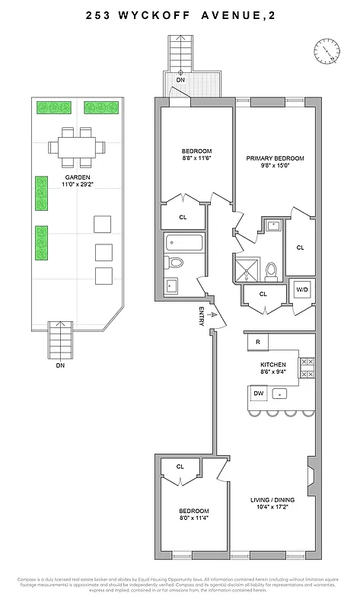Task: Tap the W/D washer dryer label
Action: pyautogui.click(x=302, y=290)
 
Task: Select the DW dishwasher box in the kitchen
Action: pyautogui.click(x=259, y=393)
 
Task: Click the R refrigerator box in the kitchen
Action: pyautogui.click(x=259, y=343)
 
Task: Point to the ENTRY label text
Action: pyautogui.click(x=201, y=317)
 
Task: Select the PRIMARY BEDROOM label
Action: pyautogui.click(x=275, y=158)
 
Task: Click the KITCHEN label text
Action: pyautogui.click(x=273, y=365)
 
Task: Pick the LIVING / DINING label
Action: pyautogui.click(x=272, y=500)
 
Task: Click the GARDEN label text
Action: pyautogui.click(x=78, y=177)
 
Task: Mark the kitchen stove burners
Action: pyautogui.click(x=307, y=368)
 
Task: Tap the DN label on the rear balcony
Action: pyautogui.click(x=180, y=79)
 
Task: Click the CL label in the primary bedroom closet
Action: pyautogui.click(x=300, y=247)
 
